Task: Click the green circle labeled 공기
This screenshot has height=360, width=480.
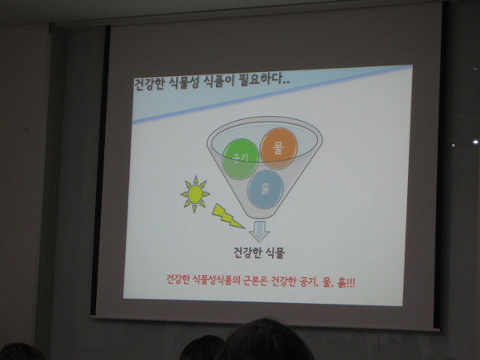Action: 240,159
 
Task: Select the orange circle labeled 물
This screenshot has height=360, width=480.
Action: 279,148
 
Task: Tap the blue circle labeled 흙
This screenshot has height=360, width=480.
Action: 265,189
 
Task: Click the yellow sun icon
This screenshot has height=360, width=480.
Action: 195,194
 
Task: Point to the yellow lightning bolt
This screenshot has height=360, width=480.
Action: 227,216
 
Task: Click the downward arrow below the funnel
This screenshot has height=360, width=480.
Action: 259,231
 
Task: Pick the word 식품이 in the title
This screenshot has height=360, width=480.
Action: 218,81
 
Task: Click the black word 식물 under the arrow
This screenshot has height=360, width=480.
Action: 275,253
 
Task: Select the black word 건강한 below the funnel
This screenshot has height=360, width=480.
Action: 247,253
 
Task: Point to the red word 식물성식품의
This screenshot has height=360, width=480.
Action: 213,280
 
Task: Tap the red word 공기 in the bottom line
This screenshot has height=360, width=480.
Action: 308,281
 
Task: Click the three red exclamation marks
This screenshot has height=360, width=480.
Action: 351,282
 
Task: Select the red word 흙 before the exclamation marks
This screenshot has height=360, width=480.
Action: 341,282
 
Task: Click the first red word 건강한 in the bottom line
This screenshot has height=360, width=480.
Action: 179,280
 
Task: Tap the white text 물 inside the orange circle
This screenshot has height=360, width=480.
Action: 278,148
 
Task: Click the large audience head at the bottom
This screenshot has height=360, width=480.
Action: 266,341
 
